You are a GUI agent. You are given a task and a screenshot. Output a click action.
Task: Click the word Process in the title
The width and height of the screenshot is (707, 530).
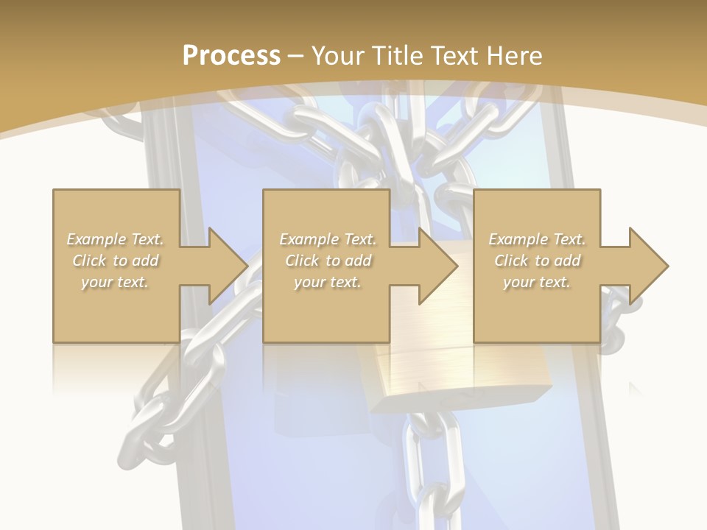[x=231, y=56]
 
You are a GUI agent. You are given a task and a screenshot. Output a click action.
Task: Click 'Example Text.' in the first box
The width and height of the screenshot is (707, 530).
[x=115, y=239]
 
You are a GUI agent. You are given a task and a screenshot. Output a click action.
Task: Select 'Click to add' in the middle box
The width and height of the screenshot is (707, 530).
[x=328, y=261]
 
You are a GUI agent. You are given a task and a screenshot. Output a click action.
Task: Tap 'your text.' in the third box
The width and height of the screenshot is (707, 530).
[x=537, y=282]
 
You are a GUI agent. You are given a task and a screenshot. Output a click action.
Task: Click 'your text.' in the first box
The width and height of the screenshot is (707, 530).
[x=115, y=282]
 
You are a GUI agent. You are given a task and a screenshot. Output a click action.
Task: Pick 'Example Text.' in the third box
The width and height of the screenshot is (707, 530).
[x=537, y=239]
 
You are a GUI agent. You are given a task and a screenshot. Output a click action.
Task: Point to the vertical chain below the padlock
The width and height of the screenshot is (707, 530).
[x=428, y=471]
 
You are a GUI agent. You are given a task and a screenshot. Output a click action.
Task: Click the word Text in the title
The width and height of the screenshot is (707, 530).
[x=454, y=56]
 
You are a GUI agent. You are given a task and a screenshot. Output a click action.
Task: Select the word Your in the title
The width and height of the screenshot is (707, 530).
[x=339, y=56]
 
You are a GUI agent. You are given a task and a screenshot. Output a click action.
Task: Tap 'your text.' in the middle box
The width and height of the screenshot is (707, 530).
[x=328, y=282]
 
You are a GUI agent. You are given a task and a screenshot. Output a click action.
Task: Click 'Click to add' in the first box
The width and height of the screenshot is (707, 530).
[x=115, y=261]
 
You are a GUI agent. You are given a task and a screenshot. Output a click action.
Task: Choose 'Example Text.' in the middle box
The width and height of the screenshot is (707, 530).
[x=328, y=239]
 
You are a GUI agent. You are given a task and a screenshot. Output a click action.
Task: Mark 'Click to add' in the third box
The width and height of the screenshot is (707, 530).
[x=537, y=261]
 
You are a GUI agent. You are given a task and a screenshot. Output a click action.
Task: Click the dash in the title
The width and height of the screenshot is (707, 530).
[x=296, y=56]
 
